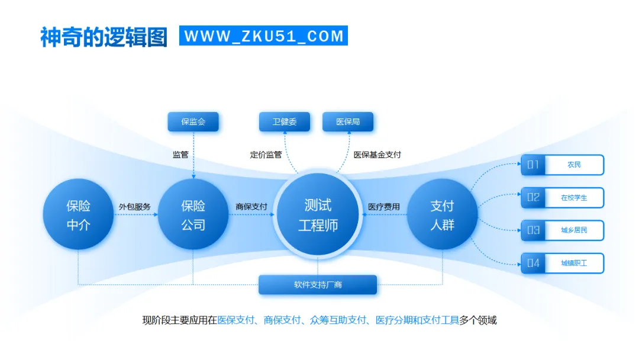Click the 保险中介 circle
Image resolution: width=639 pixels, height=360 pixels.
(78, 214)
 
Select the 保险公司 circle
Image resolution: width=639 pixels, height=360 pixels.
(193, 214)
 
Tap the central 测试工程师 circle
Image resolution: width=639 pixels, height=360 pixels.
(318, 214)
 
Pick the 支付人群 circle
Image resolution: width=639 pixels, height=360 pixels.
(442, 214)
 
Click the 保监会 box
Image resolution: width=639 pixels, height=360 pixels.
(193, 122)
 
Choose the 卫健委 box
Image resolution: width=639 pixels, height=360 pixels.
(285, 122)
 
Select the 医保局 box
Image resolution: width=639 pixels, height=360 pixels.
(348, 122)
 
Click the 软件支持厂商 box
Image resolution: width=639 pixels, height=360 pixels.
(318, 285)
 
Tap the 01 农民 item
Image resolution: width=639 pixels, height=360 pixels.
(562, 165)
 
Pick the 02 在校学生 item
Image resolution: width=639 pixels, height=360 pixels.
(562, 198)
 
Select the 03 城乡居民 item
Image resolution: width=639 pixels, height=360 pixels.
(562, 230)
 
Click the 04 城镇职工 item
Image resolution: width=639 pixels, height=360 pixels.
(562, 263)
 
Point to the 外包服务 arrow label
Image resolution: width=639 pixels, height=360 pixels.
(134, 207)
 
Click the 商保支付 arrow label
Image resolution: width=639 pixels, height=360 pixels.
(251, 207)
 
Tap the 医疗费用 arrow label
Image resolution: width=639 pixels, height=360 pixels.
(384, 207)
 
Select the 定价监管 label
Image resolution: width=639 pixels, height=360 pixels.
(266, 155)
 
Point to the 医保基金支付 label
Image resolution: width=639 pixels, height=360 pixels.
(377, 155)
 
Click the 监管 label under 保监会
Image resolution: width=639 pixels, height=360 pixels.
(180, 155)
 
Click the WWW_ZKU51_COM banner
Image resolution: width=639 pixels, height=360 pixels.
(263, 36)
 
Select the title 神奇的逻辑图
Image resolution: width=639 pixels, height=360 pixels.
(104, 37)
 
